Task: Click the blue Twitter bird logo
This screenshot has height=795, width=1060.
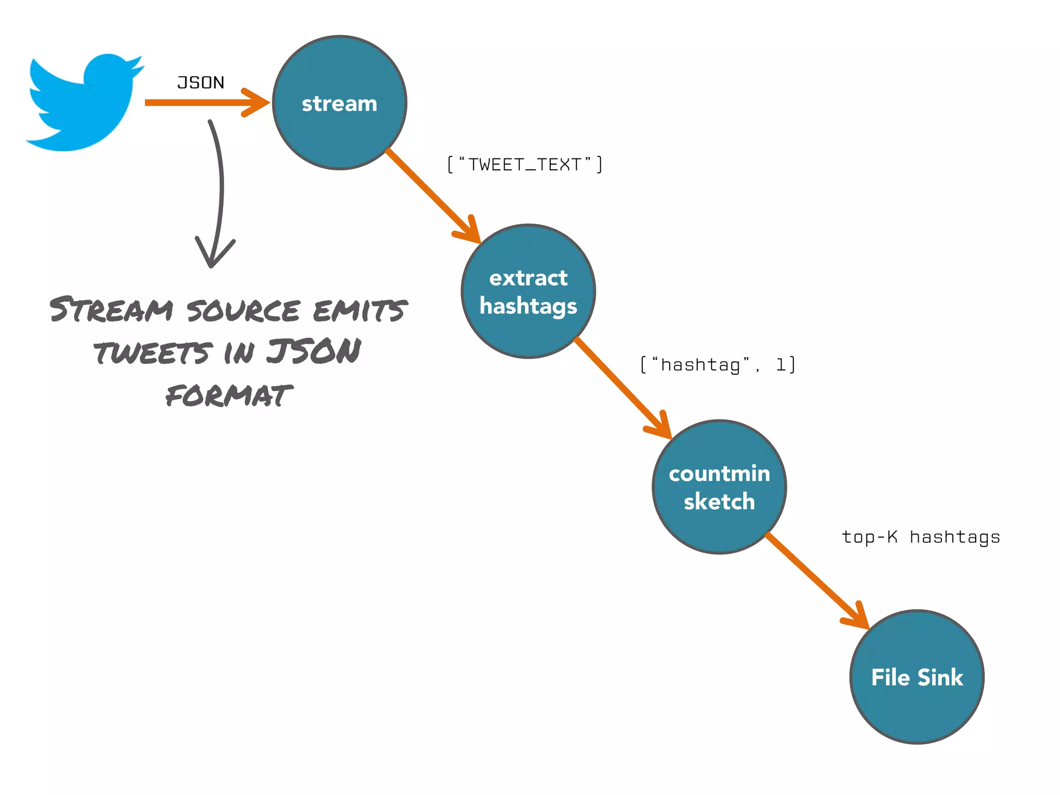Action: click(83, 104)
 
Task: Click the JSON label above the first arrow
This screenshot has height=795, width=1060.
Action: click(201, 83)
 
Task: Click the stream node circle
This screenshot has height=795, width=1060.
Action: click(340, 103)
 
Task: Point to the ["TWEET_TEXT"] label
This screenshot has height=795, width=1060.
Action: click(524, 165)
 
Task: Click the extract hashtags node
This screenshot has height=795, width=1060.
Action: click(528, 291)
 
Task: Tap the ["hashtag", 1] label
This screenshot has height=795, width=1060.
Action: click(718, 365)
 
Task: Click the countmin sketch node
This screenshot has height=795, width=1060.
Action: click(719, 487)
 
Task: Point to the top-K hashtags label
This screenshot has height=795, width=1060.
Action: click(921, 537)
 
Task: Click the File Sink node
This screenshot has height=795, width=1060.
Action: click(917, 677)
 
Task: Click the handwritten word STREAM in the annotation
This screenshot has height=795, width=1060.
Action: click(111, 310)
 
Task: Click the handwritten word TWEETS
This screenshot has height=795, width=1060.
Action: click(153, 352)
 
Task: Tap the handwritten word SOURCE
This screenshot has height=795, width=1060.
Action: click(243, 310)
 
